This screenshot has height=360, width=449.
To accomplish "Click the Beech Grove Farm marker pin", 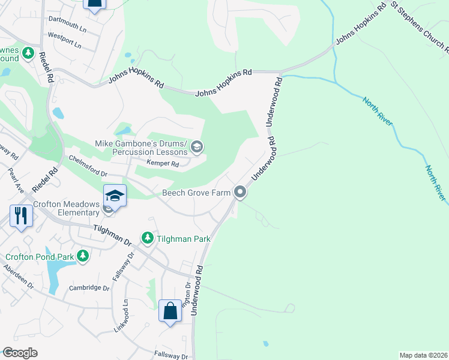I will point(240,193).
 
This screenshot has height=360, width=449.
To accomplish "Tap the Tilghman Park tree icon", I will point(147,239).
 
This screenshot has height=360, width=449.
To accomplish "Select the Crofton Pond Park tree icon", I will point(83,257).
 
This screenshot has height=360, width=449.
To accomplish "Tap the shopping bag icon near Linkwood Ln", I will point(170,311).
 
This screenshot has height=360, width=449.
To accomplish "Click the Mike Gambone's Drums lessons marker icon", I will point(197,146).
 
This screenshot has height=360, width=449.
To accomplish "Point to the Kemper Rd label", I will point(163,163).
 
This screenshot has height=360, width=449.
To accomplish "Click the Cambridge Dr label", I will point(89,288).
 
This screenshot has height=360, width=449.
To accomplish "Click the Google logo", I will point(20,353).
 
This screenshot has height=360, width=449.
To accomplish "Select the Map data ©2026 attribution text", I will point(423,355).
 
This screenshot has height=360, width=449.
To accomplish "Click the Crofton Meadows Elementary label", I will point(66,208).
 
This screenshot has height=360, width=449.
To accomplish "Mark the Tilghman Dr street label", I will point(112,235).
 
